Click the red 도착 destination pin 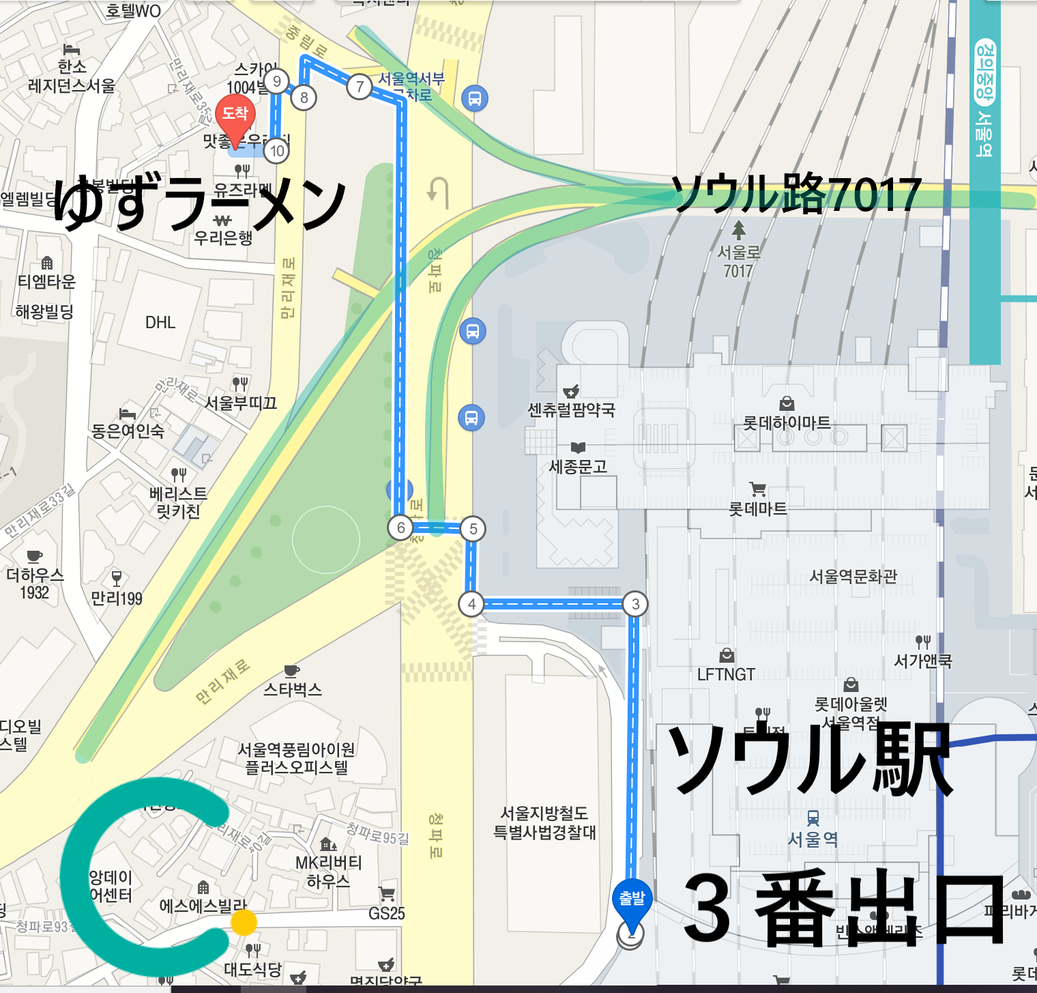pos(235,116)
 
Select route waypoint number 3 pos(635,604)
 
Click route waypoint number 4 pos(471,604)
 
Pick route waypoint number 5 pos(473,529)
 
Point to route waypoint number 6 pos(400,528)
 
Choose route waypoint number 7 pos(360,87)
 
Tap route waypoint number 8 pos(304,98)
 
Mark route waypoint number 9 pos(276,81)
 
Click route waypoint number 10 pos(277,151)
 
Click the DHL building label pos(160,322)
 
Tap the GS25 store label pos(387,913)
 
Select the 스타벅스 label pos(293,689)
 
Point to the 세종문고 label pos(578,467)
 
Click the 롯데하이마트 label pos(786,423)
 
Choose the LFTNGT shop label pos(726,674)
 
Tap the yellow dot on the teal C pos(244,922)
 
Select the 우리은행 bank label pos(223,238)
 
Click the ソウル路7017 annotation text pos(796,194)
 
